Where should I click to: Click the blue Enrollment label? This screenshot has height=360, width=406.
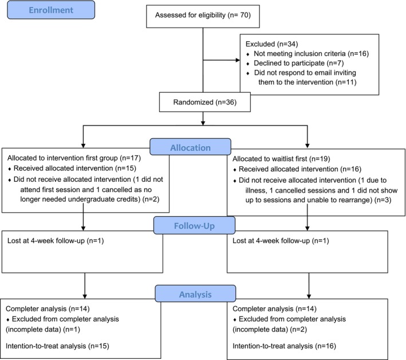(x=51, y=10)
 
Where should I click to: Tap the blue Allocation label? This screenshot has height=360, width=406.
(x=190, y=147)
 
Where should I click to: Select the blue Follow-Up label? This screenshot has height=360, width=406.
(x=195, y=225)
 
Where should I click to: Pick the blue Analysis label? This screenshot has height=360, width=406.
(x=195, y=294)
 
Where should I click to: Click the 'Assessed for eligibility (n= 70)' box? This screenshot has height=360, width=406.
(x=203, y=16)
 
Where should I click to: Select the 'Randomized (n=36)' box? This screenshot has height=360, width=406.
(x=205, y=102)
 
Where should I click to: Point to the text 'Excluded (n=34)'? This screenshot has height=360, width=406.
(x=271, y=44)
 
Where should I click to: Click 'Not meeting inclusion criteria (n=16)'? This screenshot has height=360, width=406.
(x=312, y=54)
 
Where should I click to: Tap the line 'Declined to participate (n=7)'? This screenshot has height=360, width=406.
(x=299, y=63)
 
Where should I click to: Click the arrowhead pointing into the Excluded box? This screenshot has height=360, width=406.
(x=238, y=60)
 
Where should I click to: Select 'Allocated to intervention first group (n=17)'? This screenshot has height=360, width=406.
(x=74, y=158)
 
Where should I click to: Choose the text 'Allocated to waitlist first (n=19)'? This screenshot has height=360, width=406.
(x=281, y=159)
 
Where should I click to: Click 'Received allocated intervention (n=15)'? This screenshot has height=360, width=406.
(x=75, y=169)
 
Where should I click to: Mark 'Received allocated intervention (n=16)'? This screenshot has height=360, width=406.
(x=300, y=169)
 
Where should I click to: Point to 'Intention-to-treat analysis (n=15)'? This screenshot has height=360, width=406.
(x=57, y=346)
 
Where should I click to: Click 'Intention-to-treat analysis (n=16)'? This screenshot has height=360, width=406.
(x=284, y=346)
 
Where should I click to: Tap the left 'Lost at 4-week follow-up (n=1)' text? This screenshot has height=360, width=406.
(x=56, y=241)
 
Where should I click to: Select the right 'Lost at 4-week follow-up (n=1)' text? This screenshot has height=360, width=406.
(x=281, y=241)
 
